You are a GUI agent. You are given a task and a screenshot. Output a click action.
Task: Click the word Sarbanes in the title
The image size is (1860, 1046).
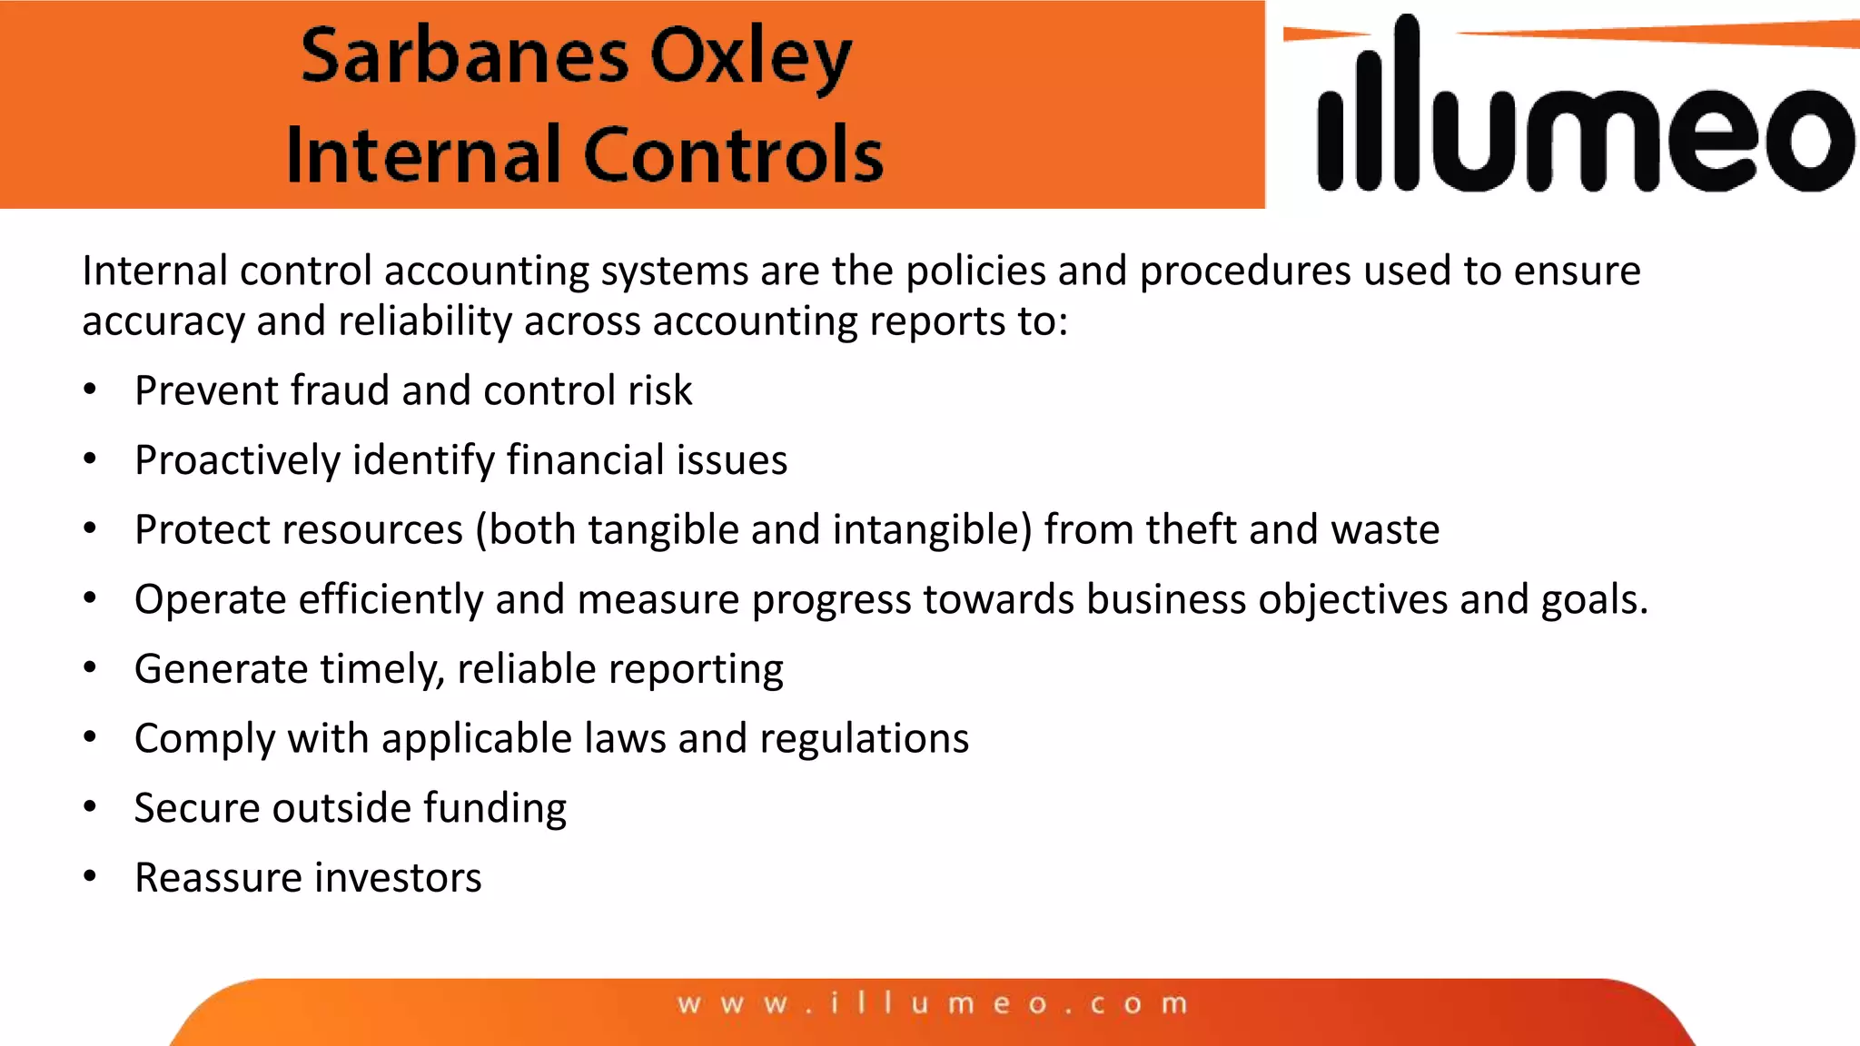click(464, 56)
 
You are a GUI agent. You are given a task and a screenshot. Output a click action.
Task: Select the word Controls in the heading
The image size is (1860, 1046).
click(733, 155)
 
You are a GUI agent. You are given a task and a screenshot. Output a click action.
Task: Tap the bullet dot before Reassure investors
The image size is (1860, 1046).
click(90, 876)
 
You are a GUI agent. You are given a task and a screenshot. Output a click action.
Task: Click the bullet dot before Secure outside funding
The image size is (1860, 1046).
click(90, 806)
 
